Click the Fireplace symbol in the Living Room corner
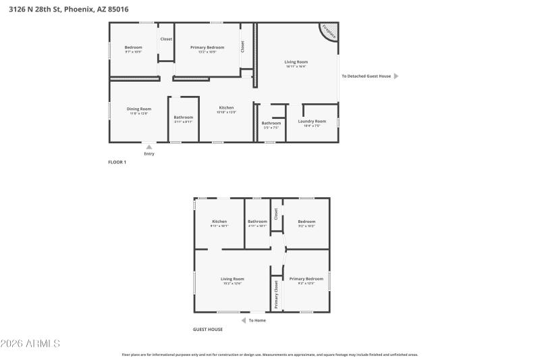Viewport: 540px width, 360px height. pyautogui.click(x=329, y=31)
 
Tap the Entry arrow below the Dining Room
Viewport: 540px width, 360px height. pyautogui.click(x=149, y=147)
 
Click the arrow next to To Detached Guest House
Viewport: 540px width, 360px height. pyautogui.click(x=396, y=76)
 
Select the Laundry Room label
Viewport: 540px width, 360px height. pyautogui.click(x=311, y=121)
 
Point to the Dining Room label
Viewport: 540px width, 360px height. pyautogui.click(x=139, y=109)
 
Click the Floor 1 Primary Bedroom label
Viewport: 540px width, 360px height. pyautogui.click(x=207, y=47)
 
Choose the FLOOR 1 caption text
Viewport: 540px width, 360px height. pyautogui.click(x=117, y=162)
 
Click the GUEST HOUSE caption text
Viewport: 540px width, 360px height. pyautogui.click(x=208, y=329)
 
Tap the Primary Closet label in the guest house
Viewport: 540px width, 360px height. pyautogui.click(x=276, y=294)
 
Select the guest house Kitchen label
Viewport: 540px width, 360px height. pyautogui.click(x=219, y=222)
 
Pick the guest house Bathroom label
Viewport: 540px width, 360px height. pyautogui.click(x=257, y=222)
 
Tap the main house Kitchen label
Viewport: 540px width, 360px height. pyautogui.click(x=226, y=108)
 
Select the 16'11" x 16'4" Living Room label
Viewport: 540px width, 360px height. pyautogui.click(x=296, y=62)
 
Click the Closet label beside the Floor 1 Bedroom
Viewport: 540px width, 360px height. pyautogui.click(x=166, y=39)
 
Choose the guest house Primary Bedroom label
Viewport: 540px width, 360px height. pyautogui.click(x=306, y=279)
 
